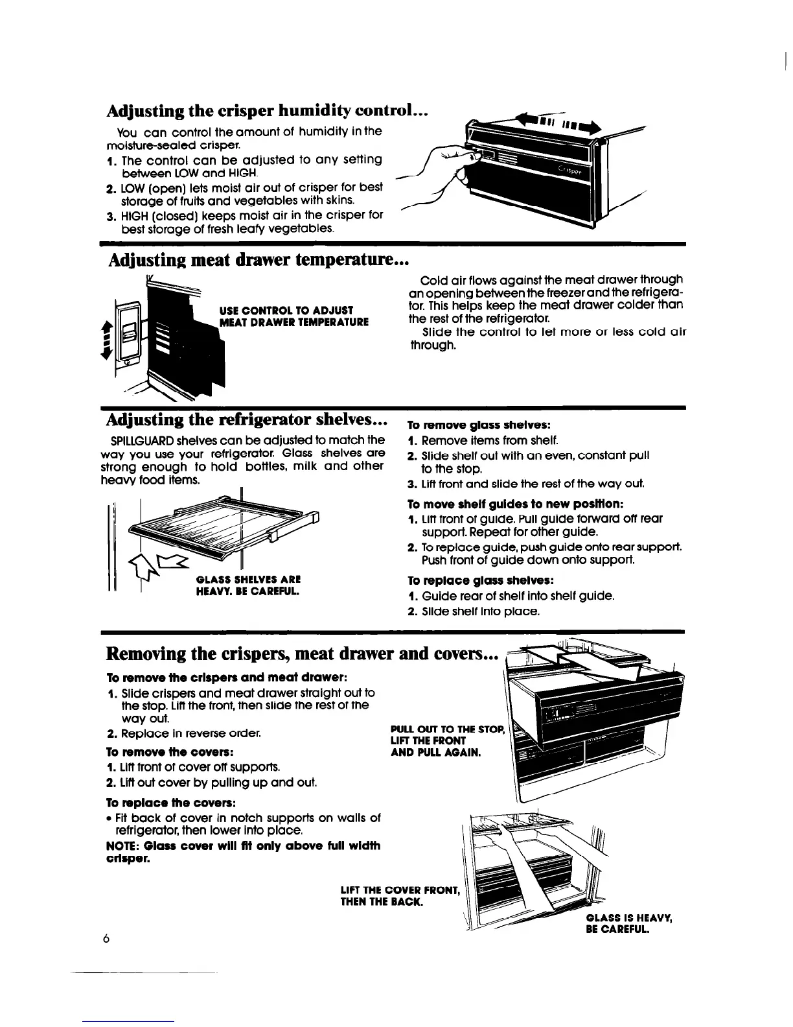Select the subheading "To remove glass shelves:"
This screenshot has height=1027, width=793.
[x=479, y=426]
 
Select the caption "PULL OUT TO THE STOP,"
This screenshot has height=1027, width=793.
[x=448, y=730]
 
